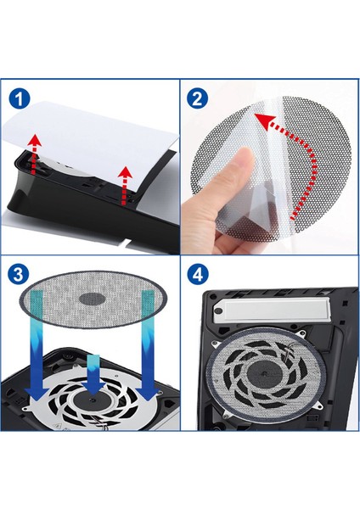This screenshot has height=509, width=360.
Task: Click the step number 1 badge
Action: coord(20,98)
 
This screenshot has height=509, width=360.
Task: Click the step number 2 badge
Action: coord(198,98)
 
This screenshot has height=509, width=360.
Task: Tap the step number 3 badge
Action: coord(19,274)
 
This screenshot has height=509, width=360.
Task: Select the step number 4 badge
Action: coord(198,275)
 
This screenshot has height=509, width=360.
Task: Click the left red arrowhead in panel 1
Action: coord(34,141)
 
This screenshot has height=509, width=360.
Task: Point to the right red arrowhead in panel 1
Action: coord(125,172)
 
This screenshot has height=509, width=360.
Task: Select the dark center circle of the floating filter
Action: coord(93,299)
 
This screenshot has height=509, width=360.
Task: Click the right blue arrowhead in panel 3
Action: coord(148,393)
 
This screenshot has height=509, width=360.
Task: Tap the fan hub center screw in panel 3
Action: coord(93,400)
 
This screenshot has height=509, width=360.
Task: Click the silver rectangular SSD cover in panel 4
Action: coord(276,310)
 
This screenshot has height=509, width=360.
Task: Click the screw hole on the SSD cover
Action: coord(220,311)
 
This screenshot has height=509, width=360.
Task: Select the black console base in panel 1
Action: coord(82,204)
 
